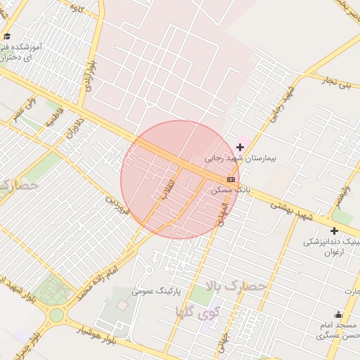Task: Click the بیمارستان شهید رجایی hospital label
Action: click(x=240, y=159)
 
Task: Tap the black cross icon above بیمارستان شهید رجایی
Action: click(x=240, y=147)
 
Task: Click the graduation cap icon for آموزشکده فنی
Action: click(x=7, y=36)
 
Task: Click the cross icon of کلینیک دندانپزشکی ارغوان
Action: click(x=334, y=231)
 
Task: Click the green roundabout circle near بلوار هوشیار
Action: click(x=56, y=315)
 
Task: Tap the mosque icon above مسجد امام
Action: click(x=338, y=315)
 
